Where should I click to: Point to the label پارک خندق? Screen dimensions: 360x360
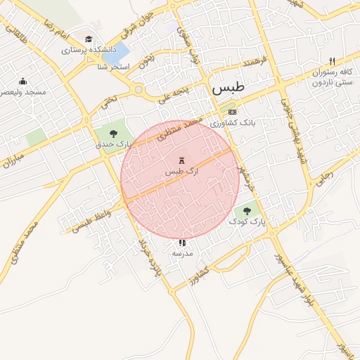[114, 144]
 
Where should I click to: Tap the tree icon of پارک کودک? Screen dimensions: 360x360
[247, 210]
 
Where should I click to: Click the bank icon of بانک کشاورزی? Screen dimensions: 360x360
[233, 112]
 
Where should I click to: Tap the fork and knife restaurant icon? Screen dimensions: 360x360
[333, 61]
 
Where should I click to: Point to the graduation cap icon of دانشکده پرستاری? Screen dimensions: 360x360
[89, 39]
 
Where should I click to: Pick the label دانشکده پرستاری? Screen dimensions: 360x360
[83, 51]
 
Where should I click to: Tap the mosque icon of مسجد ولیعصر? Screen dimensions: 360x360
[23, 81]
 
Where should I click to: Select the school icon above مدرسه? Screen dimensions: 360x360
[183, 242]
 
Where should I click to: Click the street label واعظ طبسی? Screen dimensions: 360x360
[91, 221]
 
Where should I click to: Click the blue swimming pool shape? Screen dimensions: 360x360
[120, 51]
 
